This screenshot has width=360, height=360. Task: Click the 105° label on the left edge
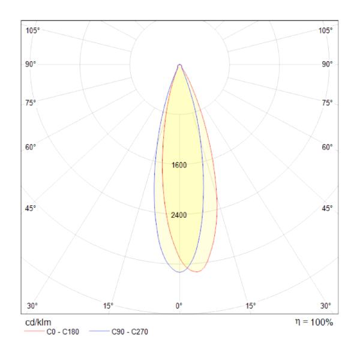tap(33, 31)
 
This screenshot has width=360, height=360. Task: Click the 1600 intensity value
tap(179, 165)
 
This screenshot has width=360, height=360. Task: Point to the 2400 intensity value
tap(179, 215)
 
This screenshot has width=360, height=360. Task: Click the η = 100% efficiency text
tap(311, 322)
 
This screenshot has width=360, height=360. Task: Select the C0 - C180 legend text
tap(63, 332)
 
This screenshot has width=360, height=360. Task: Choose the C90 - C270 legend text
tap(128, 332)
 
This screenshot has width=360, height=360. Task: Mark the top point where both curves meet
tap(179, 64)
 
